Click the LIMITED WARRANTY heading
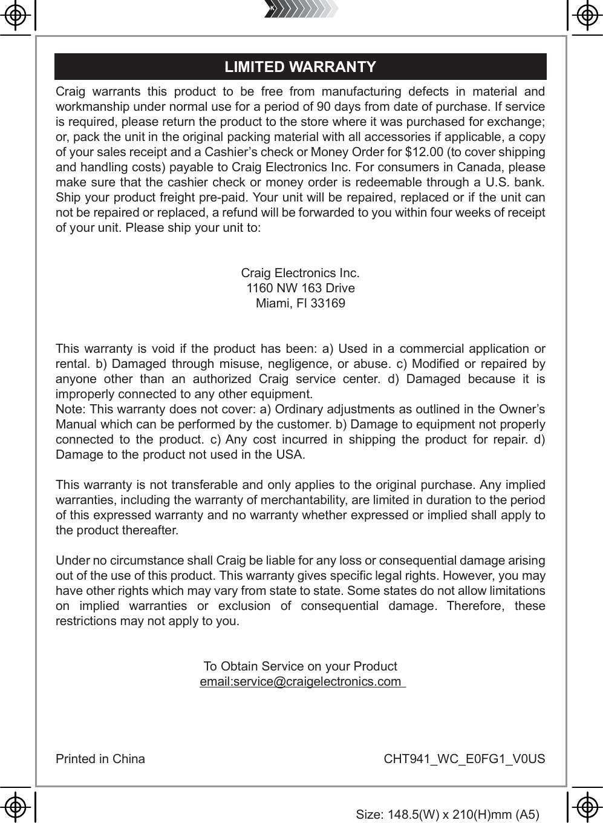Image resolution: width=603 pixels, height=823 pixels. (x=300, y=67)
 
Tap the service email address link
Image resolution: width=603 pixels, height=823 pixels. (x=302, y=682)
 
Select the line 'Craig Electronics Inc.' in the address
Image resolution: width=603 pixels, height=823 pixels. (x=300, y=273)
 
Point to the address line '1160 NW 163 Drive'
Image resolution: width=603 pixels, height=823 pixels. (x=301, y=288)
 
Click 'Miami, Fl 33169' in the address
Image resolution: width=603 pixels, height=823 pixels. (x=301, y=303)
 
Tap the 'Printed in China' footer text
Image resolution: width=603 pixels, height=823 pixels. (x=100, y=759)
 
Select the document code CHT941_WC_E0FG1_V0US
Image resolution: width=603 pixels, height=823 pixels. (x=464, y=759)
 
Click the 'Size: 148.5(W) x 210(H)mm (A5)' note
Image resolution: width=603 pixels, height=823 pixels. (x=448, y=815)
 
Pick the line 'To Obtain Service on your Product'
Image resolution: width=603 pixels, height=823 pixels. (x=300, y=667)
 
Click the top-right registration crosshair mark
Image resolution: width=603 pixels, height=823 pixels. (x=585, y=16)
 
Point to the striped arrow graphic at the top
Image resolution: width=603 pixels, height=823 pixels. (x=301, y=9)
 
